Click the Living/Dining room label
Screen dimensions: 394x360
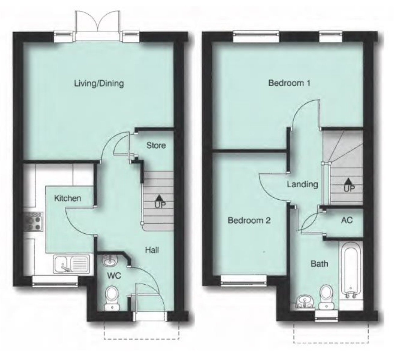click(99, 84)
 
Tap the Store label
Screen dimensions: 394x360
click(156, 146)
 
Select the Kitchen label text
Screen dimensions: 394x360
click(67, 198)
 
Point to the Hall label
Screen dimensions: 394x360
click(152, 250)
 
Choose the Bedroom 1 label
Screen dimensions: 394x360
click(289, 83)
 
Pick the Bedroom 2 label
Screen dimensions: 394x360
click(249, 221)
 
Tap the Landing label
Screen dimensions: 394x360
click(302, 184)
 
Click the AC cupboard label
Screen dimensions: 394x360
click(347, 220)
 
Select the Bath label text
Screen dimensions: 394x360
click(319, 264)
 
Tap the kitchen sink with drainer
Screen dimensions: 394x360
click(72, 264)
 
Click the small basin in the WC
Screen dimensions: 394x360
click(109, 261)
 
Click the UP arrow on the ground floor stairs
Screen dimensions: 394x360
click(160, 197)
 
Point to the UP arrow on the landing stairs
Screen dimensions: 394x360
click(348, 180)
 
